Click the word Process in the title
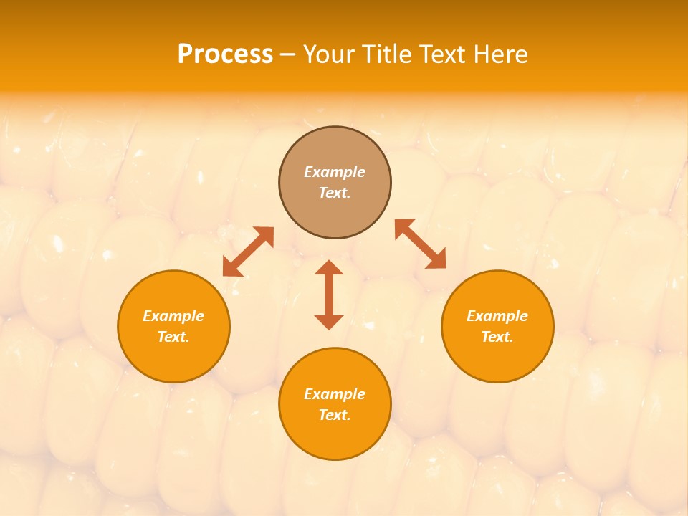tap(225, 54)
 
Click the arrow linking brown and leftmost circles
tap(248, 252)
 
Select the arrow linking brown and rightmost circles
tap(421, 244)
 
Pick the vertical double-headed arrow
tap(329, 295)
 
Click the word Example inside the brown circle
tap(335, 172)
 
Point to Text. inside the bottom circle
tap(335, 415)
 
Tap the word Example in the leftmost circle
tap(173, 316)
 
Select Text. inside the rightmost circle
tap(497, 337)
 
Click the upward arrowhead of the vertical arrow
tap(329, 268)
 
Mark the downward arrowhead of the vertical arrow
tap(329, 322)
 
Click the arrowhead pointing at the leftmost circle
tap(231, 268)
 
